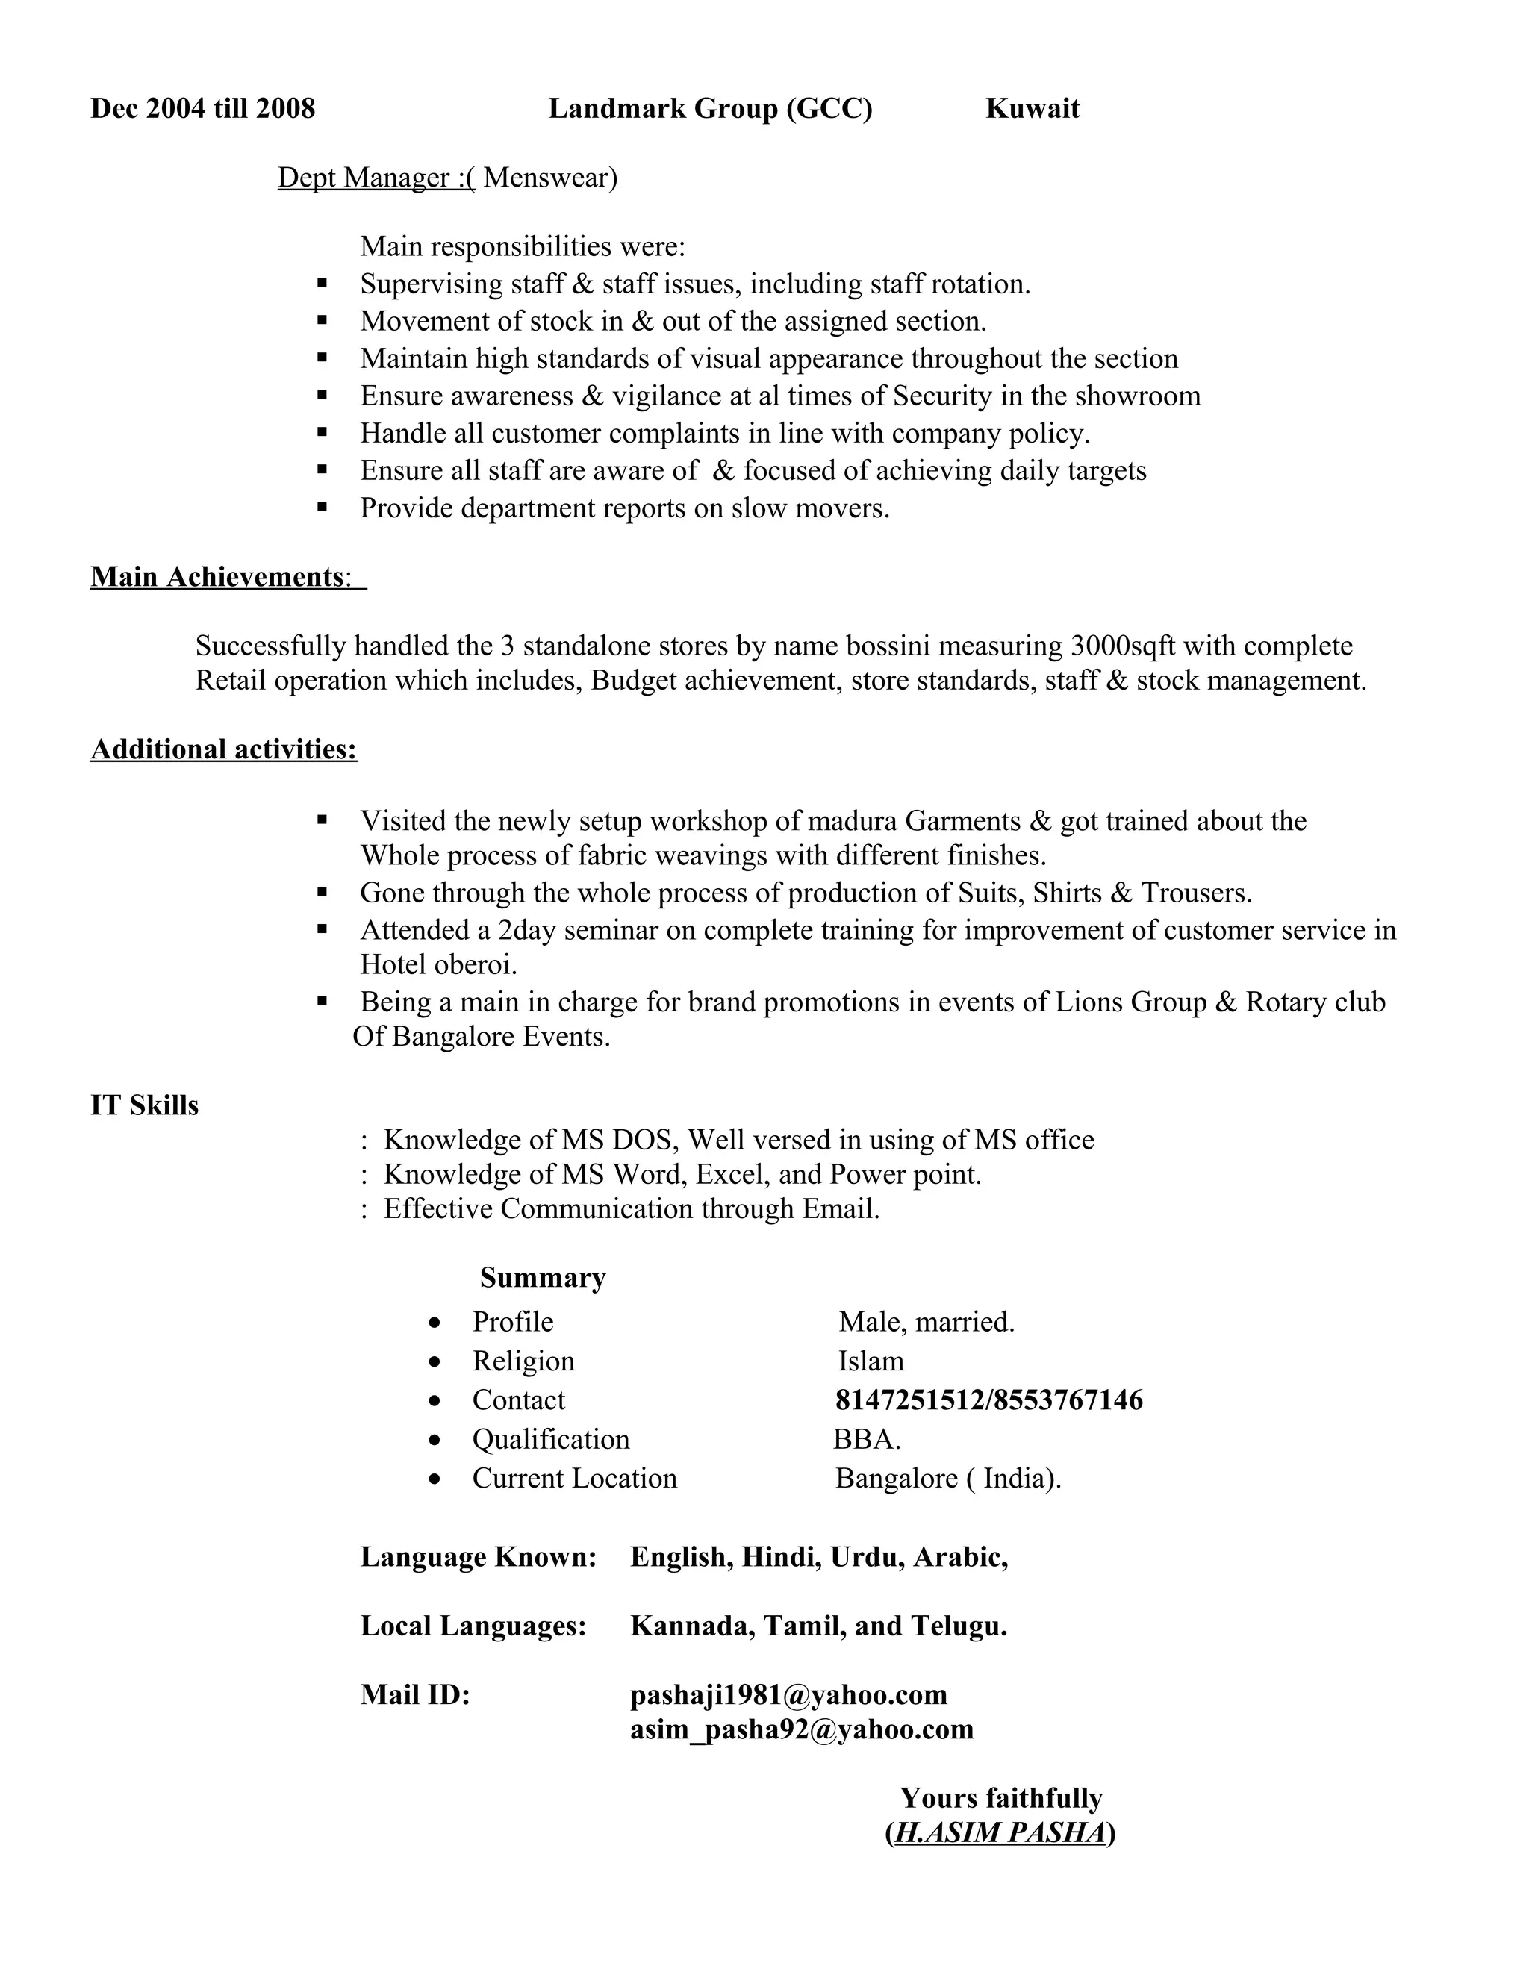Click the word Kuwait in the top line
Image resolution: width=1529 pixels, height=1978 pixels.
tap(1032, 109)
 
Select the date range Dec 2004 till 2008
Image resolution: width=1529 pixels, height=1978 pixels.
tap(203, 109)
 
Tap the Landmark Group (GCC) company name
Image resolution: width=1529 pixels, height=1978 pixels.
tap(710, 109)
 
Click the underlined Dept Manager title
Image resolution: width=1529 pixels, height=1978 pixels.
tap(375, 178)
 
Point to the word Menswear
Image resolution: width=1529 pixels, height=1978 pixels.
tap(549, 178)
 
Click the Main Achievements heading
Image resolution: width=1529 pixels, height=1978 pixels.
tap(217, 577)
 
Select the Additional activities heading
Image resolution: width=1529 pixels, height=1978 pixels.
tap(224, 749)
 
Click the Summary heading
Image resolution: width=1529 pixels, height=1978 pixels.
tap(543, 1277)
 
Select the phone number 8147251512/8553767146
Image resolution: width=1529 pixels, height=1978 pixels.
tap(988, 1400)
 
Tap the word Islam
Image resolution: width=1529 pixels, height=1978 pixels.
tap(871, 1361)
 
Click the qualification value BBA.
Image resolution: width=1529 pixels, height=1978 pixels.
tap(866, 1439)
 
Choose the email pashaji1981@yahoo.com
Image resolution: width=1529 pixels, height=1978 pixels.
tap(788, 1694)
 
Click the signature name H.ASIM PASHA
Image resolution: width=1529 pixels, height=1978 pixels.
tap(1000, 1832)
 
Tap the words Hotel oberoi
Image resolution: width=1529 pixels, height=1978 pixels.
tap(438, 964)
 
